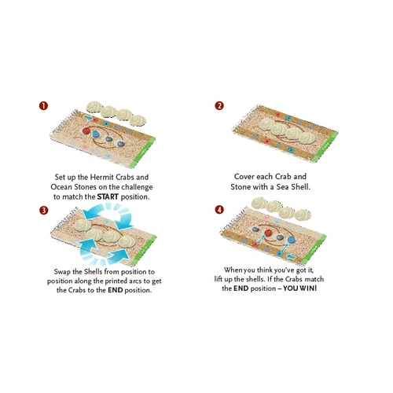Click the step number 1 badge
point(43,106)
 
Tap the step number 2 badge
point(219,106)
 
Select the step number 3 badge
point(44,211)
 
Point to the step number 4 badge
point(219,210)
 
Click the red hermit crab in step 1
point(86,130)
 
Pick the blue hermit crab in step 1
point(97,134)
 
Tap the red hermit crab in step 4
point(268,233)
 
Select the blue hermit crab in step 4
point(291,239)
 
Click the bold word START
point(108,196)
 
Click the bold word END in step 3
point(116,290)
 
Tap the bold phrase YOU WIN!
point(300,288)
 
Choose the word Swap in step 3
point(62,272)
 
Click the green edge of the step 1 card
point(144,152)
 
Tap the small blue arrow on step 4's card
point(291,256)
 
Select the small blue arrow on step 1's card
point(89,119)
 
